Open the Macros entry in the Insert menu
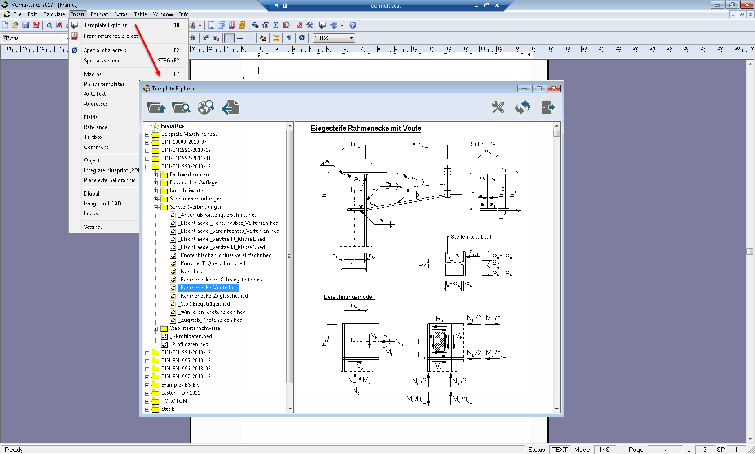pos(93,74)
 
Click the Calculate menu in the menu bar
pos(54,14)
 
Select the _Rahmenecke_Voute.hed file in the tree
pos(209,288)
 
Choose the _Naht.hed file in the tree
pos(191,272)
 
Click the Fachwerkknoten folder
pos(189,174)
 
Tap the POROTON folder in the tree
pos(173,401)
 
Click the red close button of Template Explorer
pos(554,89)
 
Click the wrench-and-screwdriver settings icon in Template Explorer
pos(498,107)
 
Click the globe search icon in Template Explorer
pos(206,107)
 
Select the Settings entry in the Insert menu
pos(93,227)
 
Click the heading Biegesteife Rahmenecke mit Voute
pos(366,129)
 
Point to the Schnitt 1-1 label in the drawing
pos(484,144)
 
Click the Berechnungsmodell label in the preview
pos(349,297)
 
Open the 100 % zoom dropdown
pos(351,38)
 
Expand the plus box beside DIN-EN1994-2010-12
pos(147,353)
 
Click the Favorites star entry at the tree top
pos(172,126)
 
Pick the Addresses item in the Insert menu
pos(96,104)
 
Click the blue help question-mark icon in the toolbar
pos(353,26)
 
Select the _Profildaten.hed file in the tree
pos(190,344)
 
